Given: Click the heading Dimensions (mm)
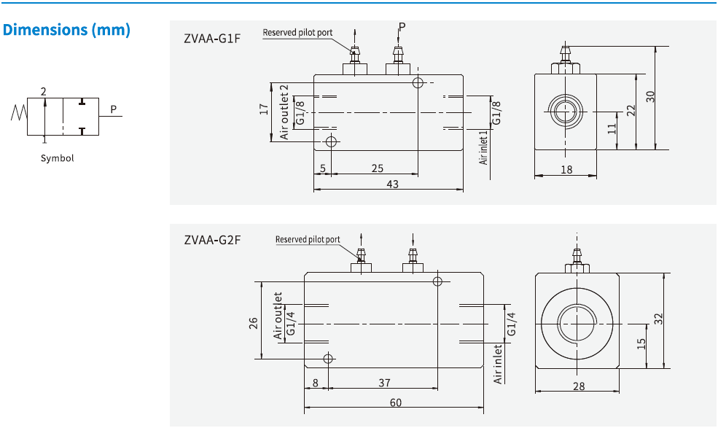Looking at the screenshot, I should tap(67, 30).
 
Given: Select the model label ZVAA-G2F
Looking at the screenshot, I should tap(212, 238).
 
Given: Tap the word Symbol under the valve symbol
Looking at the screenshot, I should tap(57, 158).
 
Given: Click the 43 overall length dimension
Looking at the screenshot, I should tap(392, 184).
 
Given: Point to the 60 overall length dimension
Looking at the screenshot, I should tap(395, 402).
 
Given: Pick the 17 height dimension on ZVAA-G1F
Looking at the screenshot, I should tap(264, 110).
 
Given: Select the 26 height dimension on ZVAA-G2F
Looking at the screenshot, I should tap(253, 322).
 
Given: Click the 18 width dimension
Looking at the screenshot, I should tap(566, 169).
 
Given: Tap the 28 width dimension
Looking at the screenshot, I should tap(578, 386).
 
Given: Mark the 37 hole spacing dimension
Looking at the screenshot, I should tap(385, 382).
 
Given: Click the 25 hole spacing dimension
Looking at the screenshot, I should tap(377, 168).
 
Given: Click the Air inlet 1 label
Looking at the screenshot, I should tap(483, 148).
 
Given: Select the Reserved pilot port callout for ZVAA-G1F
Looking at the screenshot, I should tap(297, 33).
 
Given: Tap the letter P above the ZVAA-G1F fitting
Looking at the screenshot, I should tap(402, 28).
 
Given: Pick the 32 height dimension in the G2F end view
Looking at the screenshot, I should tap(658, 319).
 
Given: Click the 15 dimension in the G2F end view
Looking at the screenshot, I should tap(641, 343).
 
